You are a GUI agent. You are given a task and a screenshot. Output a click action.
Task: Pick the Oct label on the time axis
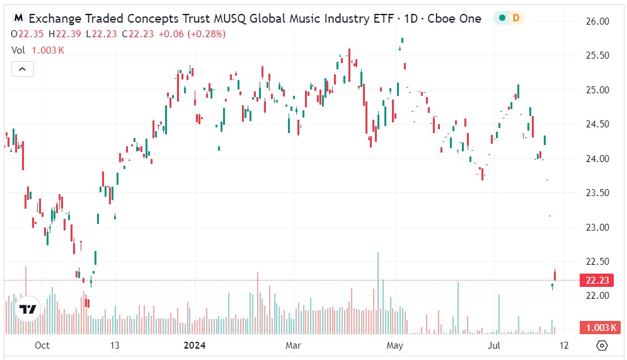[42, 345]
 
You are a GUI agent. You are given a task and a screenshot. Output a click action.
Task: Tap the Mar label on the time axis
[294, 345]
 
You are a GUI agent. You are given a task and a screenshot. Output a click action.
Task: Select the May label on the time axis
[394, 345]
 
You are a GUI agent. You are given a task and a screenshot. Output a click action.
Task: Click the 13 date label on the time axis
[114, 345]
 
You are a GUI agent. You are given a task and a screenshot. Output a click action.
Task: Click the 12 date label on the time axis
[564, 345]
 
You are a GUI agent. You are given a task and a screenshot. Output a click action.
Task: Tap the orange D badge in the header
[516, 18]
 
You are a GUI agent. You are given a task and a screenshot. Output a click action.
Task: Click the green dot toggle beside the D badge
[502, 18]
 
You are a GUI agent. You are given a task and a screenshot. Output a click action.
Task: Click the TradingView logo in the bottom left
[27, 309]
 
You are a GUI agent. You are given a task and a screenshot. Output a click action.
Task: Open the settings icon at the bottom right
[602, 345]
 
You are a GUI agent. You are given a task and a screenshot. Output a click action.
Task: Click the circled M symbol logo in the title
[19, 18]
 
